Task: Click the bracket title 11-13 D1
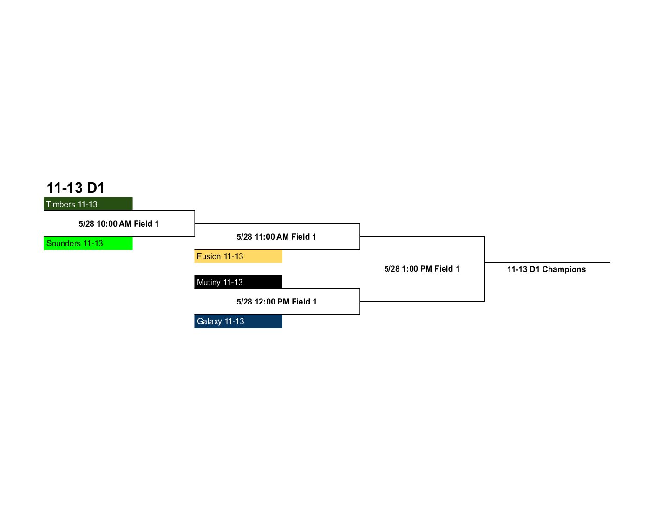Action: pyautogui.click(x=76, y=188)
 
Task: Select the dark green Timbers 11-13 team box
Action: pyautogui.click(x=88, y=204)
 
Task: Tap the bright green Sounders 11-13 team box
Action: pyautogui.click(x=88, y=243)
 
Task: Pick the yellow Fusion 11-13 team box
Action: pyautogui.click(x=238, y=256)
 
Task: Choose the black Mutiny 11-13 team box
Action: pyautogui.click(x=238, y=282)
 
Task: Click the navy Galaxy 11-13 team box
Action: pyautogui.click(x=238, y=321)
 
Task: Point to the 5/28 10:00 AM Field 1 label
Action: pyautogui.click(x=118, y=224)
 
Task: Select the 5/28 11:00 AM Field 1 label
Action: pyautogui.click(x=276, y=237)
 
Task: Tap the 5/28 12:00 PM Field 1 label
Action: pyautogui.click(x=276, y=302)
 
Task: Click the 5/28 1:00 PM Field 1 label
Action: pyautogui.click(x=422, y=269)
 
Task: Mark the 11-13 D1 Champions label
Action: pyautogui.click(x=547, y=269)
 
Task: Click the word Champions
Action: pyautogui.click(x=564, y=270)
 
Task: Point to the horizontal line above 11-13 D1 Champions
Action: pyautogui.click(x=548, y=262)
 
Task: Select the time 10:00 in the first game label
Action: pyautogui.click(x=107, y=224)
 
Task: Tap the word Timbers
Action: pyautogui.click(x=61, y=204)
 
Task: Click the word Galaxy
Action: pyautogui.click(x=209, y=322)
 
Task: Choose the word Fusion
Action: pyautogui.click(x=209, y=256)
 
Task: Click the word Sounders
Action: pyautogui.click(x=64, y=243)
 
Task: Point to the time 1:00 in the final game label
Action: pyautogui.click(x=410, y=269)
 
